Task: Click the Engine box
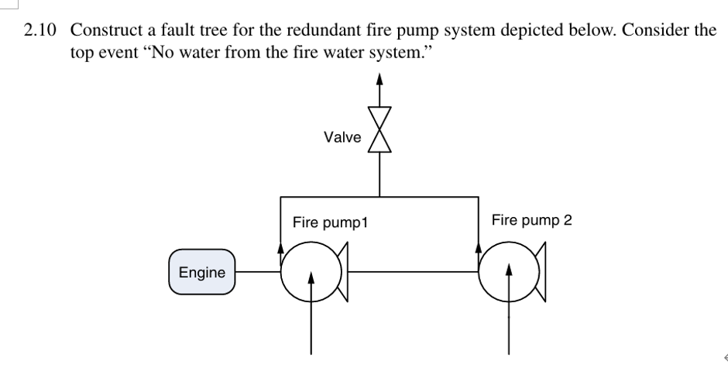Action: [201, 272]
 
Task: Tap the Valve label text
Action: [342, 137]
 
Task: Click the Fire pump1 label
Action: [329, 223]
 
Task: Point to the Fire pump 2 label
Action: [531, 220]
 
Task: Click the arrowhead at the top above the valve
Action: [379, 78]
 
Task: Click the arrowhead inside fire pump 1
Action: [311, 277]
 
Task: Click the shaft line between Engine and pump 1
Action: [256, 272]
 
